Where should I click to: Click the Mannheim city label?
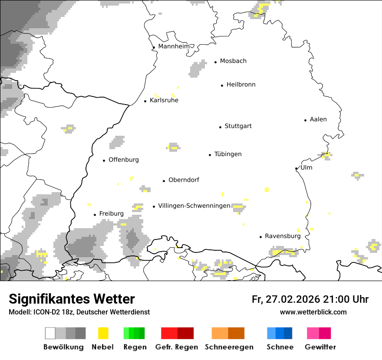click(x=174, y=46)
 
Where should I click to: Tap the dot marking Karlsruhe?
click(x=145, y=101)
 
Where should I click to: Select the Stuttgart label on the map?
click(x=238, y=126)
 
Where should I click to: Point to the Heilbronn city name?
click(x=241, y=85)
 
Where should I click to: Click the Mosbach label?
click(x=233, y=61)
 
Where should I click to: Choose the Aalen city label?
click(x=318, y=119)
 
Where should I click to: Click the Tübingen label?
click(x=228, y=154)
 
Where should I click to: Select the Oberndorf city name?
click(x=184, y=180)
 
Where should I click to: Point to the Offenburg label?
click(x=124, y=160)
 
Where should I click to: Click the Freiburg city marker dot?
click(x=95, y=215)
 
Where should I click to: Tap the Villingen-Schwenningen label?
click(x=194, y=206)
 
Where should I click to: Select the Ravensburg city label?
click(x=283, y=236)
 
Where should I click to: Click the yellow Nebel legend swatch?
click(x=103, y=333)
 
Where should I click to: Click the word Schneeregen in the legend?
click(x=229, y=347)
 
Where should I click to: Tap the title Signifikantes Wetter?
click(x=72, y=299)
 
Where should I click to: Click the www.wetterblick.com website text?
click(x=313, y=312)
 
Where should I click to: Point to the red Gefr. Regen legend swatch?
click(x=177, y=333)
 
